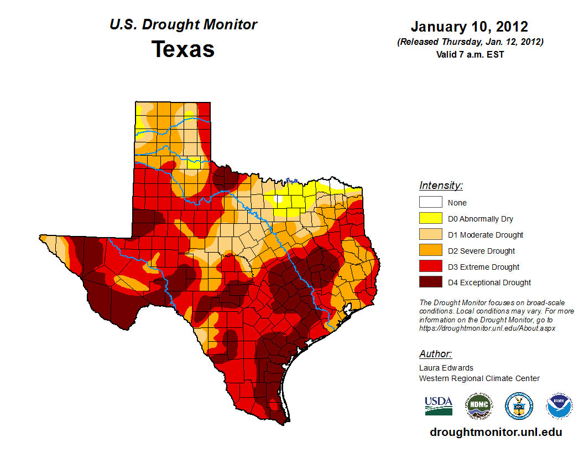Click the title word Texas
click(183, 49)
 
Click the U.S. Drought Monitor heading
click(183, 25)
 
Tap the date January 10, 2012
click(469, 27)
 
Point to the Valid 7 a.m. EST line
click(469, 54)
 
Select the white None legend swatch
click(430, 203)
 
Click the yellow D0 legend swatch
click(430, 219)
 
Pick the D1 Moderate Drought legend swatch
click(430, 235)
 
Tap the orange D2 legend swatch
click(430, 251)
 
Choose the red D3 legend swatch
click(430, 266)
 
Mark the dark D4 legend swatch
click(430, 282)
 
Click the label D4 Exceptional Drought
click(489, 282)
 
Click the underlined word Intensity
click(441, 186)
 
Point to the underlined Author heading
click(435, 354)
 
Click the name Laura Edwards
click(446, 368)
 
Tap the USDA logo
click(439, 405)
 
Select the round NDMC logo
click(478, 406)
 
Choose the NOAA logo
click(560, 406)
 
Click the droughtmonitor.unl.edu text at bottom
click(496, 433)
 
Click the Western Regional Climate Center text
click(479, 378)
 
